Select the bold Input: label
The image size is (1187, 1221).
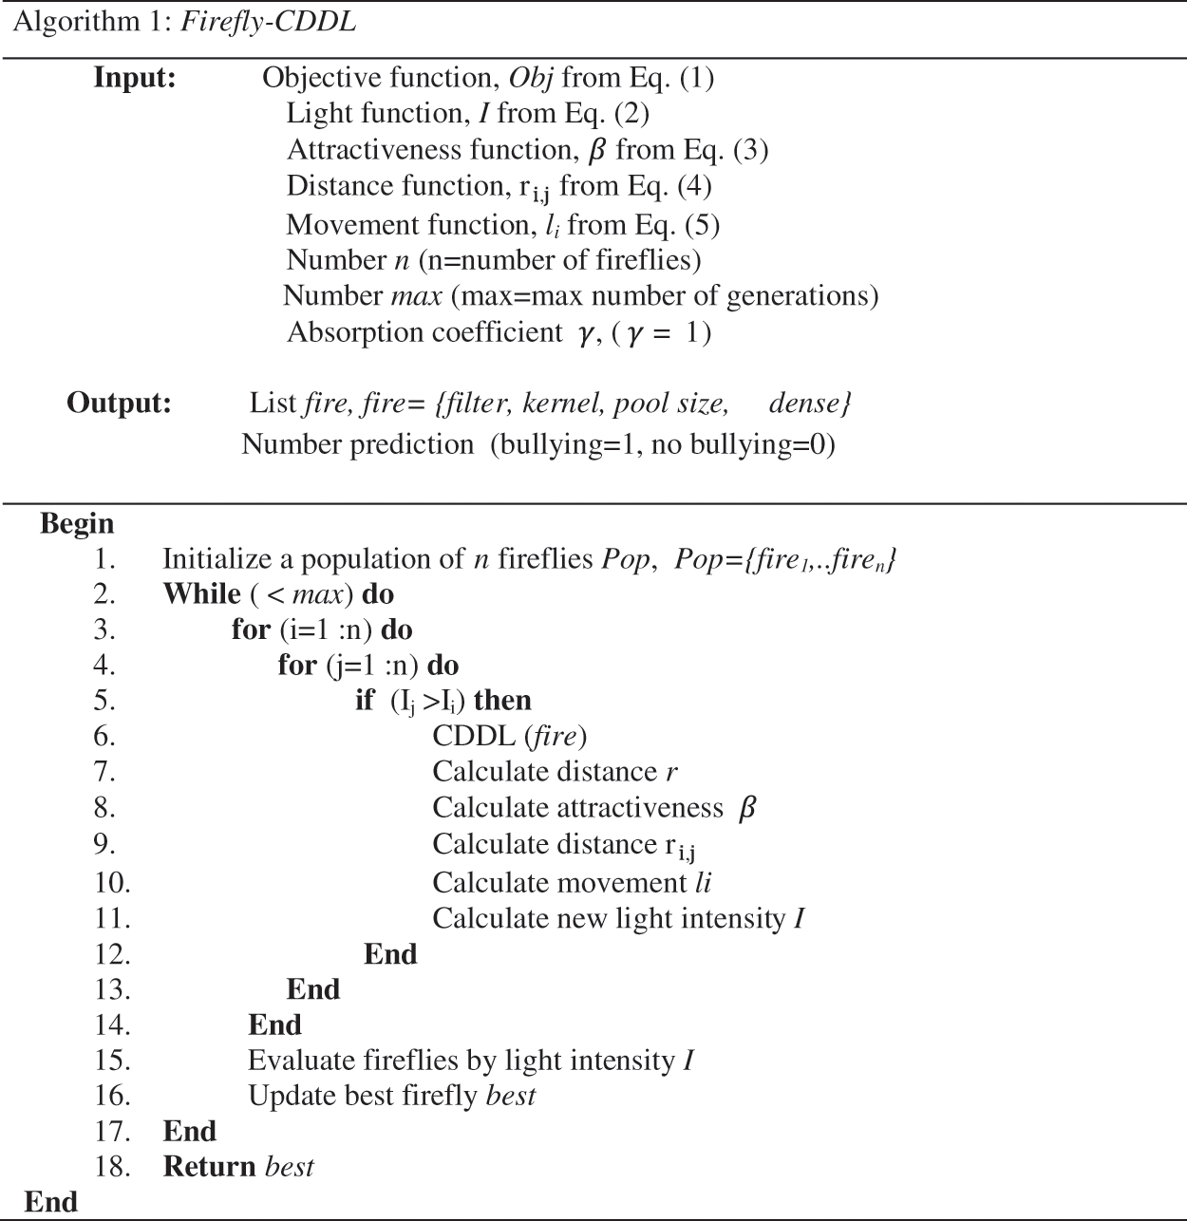[135, 77]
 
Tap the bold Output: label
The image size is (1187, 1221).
[119, 403]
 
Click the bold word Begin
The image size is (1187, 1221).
[77, 523]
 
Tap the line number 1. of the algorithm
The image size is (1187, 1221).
[104, 559]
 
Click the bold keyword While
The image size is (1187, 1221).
[201, 594]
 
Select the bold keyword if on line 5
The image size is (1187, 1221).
[365, 701]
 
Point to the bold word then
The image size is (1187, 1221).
[502, 701]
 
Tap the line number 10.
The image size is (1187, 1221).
[112, 883]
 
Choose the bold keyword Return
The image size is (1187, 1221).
[209, 1166]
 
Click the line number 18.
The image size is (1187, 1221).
[112, 1166]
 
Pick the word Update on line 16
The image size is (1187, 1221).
[290, 1096]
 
